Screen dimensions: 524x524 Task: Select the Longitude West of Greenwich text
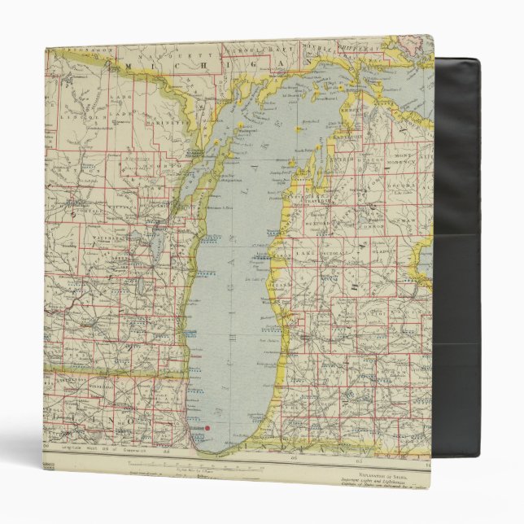click(x=90, y=448)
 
